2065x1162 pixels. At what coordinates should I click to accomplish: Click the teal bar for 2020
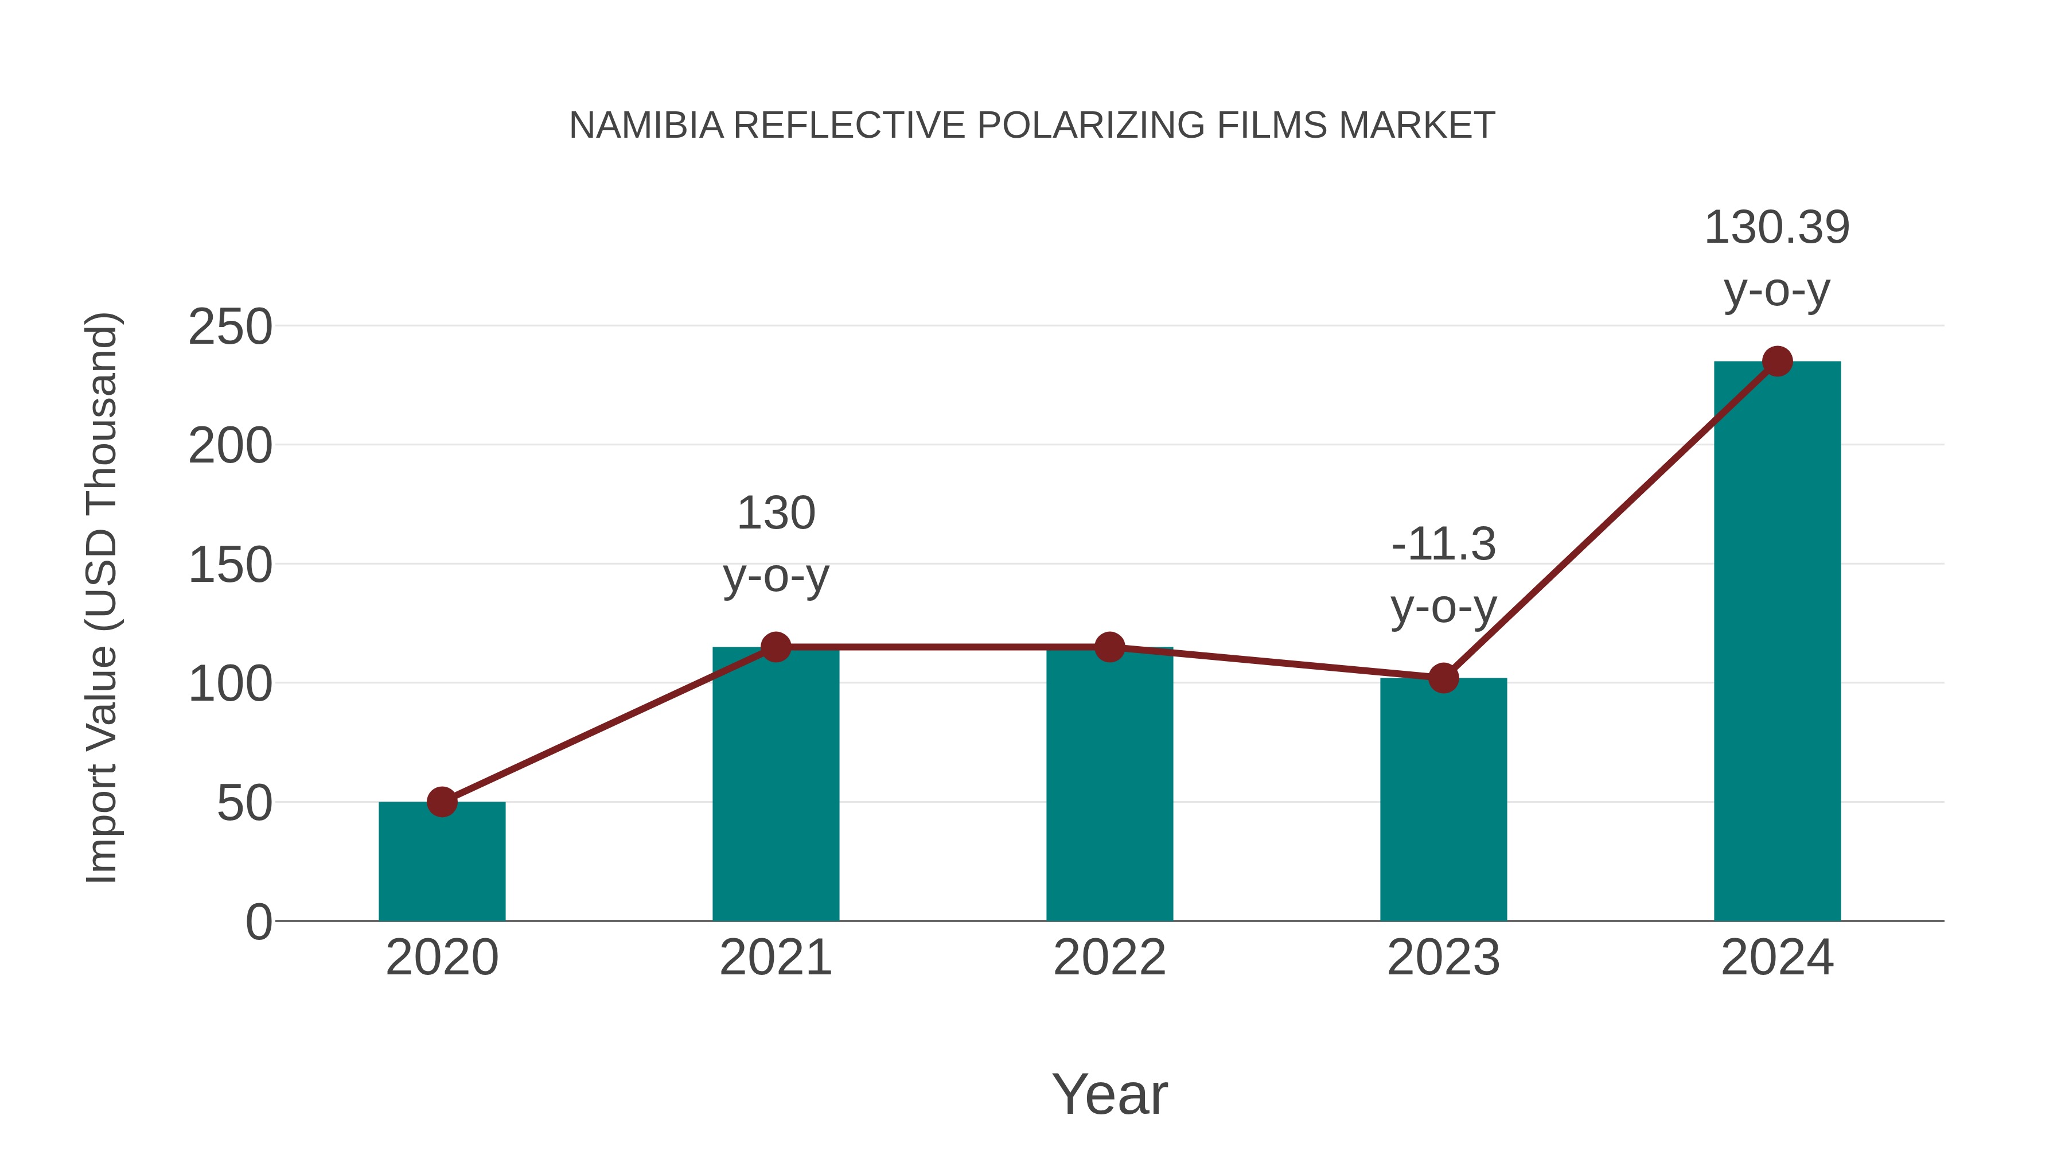[x=442, y=862]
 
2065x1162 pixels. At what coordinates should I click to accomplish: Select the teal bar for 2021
[x=775, y=786]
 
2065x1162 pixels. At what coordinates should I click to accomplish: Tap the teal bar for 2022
[x=1109, y=786]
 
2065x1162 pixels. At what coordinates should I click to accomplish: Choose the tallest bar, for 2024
[x=1777, y=642]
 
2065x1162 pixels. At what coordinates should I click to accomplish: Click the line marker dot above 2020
[x=442, y=801]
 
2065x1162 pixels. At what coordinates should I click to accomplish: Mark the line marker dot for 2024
[x=1777, y=362]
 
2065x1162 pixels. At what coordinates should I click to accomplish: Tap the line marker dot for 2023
[x=1443, y=678]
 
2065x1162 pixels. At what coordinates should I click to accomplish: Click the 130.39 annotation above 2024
[x=1776, y=228]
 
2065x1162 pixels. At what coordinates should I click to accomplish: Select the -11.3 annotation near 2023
[x=1443, y=545]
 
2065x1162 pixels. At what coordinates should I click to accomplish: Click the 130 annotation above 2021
[x=775, y=513]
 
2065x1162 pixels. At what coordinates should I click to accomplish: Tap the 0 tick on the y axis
[x=259, y=922]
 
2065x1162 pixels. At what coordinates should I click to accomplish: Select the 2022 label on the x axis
[x=1109, y=958]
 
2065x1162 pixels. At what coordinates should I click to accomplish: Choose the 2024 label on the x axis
[x=1777, y=958]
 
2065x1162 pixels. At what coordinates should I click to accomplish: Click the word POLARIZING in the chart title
[x=1090, y=126]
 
